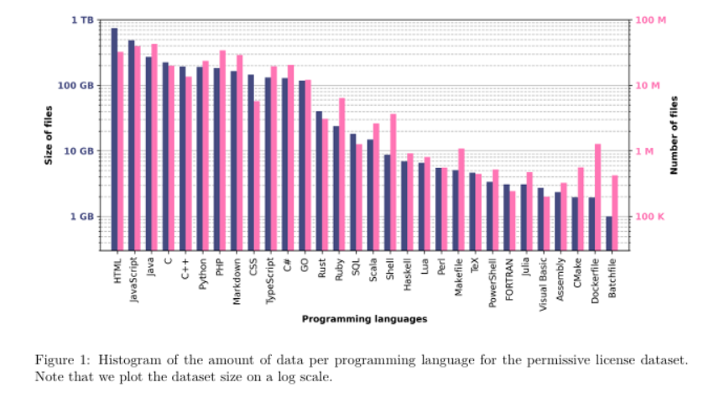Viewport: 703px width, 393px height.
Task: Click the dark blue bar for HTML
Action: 114,139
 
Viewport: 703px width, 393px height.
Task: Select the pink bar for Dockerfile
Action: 597,197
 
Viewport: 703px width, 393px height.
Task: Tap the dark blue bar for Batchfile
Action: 609,233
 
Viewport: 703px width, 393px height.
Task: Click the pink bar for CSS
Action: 257,176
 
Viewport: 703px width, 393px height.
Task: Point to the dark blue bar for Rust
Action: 319,181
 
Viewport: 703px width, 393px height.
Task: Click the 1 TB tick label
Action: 82,19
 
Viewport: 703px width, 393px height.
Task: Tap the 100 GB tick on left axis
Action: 78,86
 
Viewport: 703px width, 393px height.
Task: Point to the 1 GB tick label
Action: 82,217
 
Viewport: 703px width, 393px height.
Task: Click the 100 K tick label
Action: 648,217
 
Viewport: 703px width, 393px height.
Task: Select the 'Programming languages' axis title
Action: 364,319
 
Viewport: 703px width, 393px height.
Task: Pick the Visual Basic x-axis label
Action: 543,284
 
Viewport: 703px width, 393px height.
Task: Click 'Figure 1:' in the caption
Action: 63,359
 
